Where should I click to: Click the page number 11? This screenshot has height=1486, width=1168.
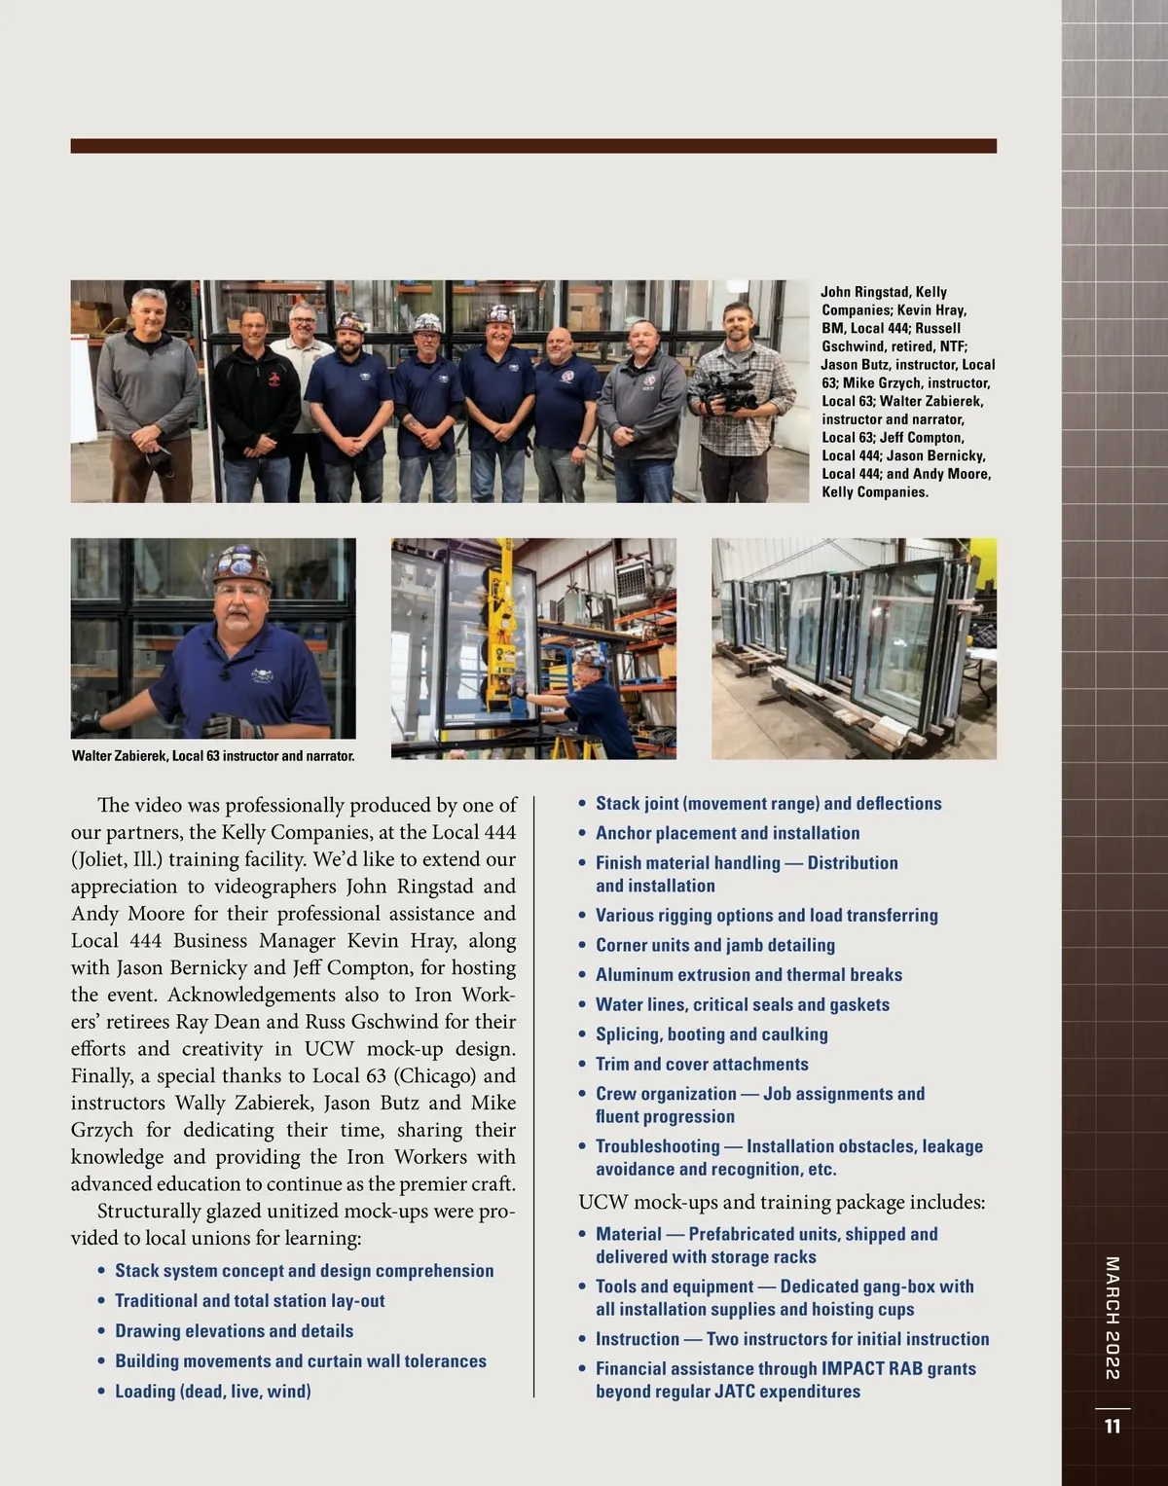click(1113, 1427)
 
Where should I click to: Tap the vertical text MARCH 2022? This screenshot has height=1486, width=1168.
click(1113, 1318)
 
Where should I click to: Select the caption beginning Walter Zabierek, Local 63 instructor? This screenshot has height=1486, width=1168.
click(213, 755)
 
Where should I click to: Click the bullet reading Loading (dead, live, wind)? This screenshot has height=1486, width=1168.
click(212, 1392)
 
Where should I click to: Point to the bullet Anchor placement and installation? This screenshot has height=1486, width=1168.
click(727, 833)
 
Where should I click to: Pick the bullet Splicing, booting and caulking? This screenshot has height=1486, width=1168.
click(712, 1034)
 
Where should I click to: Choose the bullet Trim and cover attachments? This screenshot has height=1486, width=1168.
click(702, 1065)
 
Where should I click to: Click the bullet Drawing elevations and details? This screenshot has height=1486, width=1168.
click(234, 1331)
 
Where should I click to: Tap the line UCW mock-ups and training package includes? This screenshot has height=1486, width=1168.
click(782, 1203)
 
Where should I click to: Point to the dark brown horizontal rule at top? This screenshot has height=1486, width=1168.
click(533, 146)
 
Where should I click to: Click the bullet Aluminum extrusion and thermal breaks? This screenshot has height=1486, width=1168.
click(748, 975)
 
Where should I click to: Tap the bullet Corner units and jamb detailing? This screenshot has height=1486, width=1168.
click(714, 945)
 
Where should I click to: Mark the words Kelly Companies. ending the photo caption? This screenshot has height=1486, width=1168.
click(875, 492)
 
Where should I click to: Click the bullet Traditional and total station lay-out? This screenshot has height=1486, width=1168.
click(249, 1301)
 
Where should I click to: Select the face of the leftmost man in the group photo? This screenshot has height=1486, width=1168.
click(150, 312)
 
